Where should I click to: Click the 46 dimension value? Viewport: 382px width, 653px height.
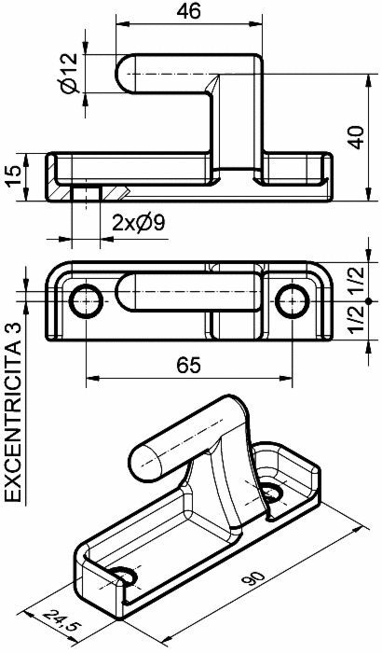[188, 11]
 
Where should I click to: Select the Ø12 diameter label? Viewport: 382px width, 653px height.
[69, 72]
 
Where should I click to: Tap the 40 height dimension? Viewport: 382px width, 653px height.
[356, 136]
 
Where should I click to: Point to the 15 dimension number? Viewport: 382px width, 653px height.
[14, 176]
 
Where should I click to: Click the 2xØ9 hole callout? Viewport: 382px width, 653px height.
[139, 224]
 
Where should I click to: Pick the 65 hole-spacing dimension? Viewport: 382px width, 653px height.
[188, 366]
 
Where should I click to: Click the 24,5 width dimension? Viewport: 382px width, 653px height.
[62, 622]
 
